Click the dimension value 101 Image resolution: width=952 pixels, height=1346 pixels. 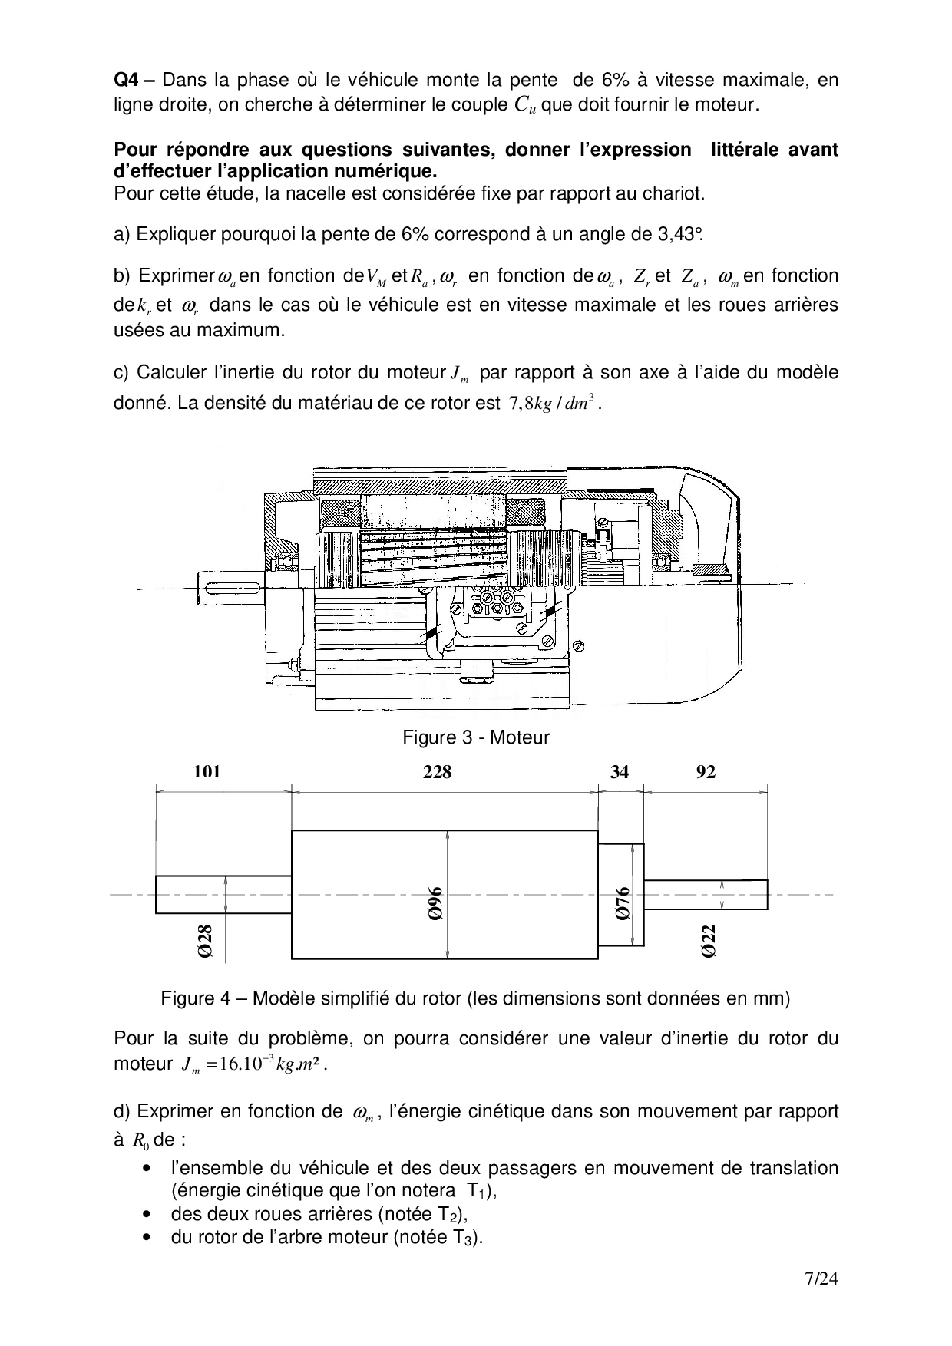207,771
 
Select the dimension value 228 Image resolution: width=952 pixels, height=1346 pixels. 438,771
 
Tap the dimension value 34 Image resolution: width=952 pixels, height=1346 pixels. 620,771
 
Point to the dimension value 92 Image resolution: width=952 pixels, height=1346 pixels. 706,771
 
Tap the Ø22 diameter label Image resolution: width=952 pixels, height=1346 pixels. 709,940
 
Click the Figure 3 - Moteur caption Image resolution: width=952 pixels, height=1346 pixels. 476,737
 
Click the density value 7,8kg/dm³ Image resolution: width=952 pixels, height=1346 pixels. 551,404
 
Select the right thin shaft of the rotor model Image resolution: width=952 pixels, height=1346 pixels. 706,894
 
